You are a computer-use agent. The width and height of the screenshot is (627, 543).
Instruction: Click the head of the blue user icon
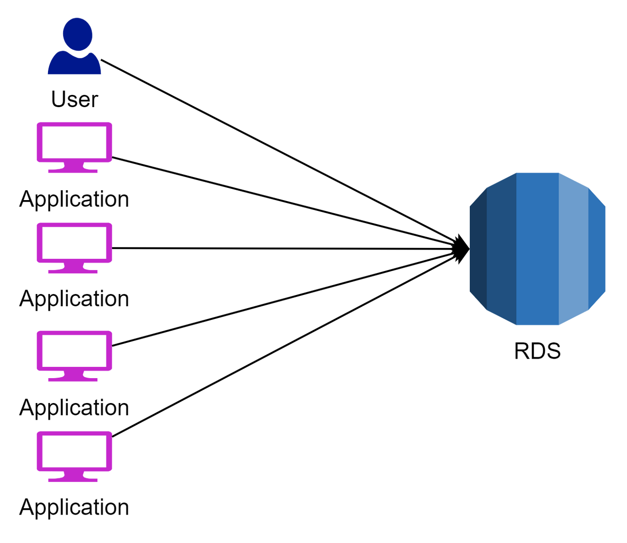coord(77,33)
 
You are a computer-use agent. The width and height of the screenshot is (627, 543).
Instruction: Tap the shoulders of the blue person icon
coord(75,65)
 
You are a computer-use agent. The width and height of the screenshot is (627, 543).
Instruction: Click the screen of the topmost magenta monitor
coord(74,142)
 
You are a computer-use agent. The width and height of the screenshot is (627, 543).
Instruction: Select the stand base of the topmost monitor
coord(73,171)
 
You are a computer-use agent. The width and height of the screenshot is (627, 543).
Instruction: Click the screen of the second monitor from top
coord(74,243)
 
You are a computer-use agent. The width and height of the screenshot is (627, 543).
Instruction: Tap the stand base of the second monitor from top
coord(73,271)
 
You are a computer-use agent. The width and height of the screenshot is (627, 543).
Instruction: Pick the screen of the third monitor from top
coord(74,351)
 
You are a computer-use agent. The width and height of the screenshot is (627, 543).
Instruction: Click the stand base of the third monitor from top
coord(73,379)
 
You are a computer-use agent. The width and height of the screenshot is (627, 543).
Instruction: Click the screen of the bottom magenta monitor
coord(74,451)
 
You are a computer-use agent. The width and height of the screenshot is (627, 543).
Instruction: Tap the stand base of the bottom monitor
coord(73,480)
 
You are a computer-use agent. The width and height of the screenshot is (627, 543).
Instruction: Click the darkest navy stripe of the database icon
coord(478,249)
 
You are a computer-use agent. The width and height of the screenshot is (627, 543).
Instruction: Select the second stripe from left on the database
coord(501,249)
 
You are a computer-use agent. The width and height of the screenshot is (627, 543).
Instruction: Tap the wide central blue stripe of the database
coord(537,249)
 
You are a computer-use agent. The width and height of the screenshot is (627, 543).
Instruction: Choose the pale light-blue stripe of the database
coord(573,249)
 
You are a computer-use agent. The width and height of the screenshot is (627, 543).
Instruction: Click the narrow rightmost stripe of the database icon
coord(597,249)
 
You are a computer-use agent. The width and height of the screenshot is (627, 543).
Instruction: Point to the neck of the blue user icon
coord(77,51)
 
